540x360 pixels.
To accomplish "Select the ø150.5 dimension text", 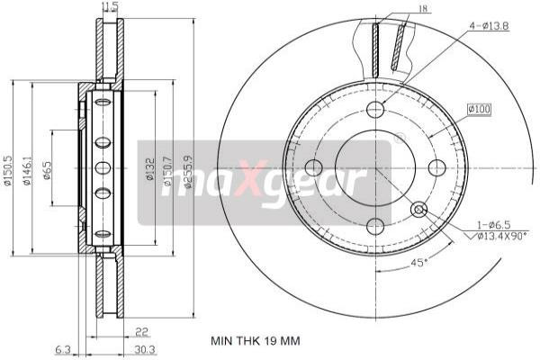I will pos(8,167).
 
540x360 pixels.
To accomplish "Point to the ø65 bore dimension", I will pos(48,167).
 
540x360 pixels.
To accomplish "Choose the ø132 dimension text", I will pos(148,168).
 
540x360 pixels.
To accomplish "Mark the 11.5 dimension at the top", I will pos(109,6).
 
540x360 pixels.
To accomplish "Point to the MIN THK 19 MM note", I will pos(255,341).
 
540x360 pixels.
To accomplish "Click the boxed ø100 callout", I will pos(479,110).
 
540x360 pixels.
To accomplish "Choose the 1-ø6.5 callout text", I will pos(494,225).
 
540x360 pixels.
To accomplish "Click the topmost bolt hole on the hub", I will pos(376,109).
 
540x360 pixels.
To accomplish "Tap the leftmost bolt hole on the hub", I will pos(314,167).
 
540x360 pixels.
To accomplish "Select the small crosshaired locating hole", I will pos(418,210).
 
